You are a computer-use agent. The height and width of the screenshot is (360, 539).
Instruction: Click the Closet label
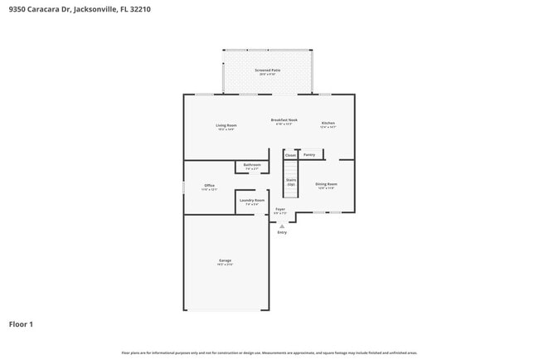click(290, 155)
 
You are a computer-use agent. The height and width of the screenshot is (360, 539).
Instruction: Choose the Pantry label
click(309, 154)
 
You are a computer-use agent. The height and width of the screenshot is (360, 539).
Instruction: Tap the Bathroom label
click(252, 166)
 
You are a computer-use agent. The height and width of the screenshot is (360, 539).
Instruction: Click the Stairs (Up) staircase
click(291, 180)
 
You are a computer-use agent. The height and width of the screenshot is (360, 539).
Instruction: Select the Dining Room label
click(326, 186)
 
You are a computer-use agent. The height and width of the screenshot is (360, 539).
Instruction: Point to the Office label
click(209, 187)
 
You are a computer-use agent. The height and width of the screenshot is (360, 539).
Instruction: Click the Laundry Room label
click(252, 202)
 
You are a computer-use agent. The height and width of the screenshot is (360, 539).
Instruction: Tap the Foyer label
click(280, 211)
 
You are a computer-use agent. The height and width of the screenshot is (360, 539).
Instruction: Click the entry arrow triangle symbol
click(282, 226)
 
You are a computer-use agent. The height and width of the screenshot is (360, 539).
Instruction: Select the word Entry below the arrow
click(282, 232)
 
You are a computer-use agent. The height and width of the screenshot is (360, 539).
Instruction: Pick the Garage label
click(226, 262)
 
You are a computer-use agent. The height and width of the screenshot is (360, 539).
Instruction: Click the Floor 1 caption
click(21, 324)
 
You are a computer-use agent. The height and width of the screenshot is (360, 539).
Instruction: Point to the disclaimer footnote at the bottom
click(269, 353)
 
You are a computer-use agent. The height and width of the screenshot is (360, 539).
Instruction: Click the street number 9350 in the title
click(18, 9)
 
